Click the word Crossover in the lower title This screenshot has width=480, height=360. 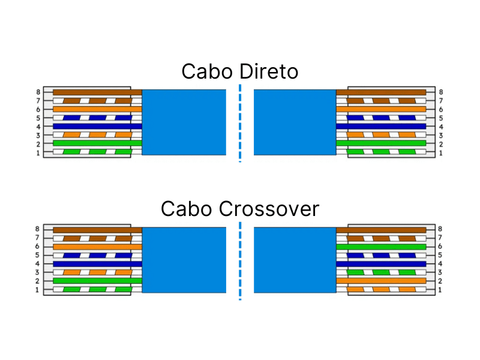[269, 209]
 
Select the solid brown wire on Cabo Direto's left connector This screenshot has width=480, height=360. [96, 92]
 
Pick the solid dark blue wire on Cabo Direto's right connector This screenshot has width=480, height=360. [384, 127]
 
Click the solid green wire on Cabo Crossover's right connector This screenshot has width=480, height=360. [384, 247]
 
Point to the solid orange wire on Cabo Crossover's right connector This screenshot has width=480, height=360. [384, 281]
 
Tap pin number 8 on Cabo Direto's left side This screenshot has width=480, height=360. [38, 92]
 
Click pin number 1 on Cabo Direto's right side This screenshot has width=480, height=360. [441, 153]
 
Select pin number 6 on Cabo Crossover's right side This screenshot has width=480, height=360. [441, 247]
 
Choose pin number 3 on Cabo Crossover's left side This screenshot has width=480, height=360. [38, 272]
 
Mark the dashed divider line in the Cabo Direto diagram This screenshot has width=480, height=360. [240, 123]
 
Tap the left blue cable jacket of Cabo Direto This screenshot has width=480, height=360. [184, 122]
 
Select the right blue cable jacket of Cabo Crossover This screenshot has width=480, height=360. [295, 260]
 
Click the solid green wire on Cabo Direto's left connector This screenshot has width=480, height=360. [96, 143]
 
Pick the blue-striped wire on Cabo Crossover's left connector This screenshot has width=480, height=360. [96, 255]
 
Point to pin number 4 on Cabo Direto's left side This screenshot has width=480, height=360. [38, 127]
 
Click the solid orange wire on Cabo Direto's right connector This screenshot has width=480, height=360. [384, 109]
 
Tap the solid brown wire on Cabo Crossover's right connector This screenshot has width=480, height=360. [384, 229]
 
